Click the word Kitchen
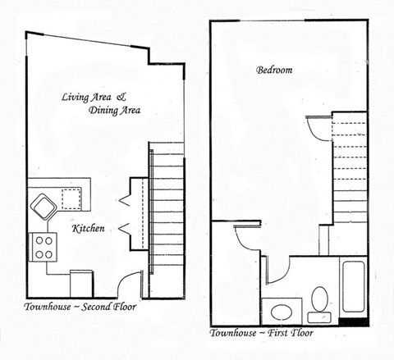tap(88, 229)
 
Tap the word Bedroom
tap(274, 71)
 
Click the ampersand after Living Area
tap(124, 97)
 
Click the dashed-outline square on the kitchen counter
tap(72, 197)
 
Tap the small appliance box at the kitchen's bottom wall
tap(79, 280)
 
